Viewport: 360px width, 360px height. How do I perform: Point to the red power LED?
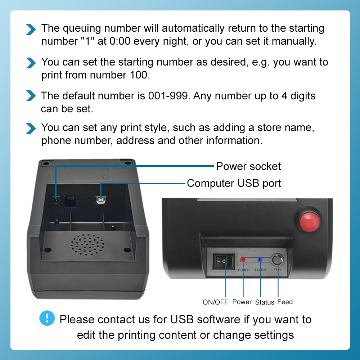click(x=243, y=259)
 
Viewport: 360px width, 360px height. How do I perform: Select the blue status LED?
click(x=260, y=259)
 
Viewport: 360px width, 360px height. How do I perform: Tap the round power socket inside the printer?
click(x=56, y=200)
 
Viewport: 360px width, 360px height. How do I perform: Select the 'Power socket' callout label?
click(x=248, y=166)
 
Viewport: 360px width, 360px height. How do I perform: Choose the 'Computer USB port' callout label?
click(x=234, y=183)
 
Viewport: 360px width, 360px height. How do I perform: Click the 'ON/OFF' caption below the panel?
click(x=215, y=302)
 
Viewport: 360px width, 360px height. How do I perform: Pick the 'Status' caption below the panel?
click(x=265, y=302)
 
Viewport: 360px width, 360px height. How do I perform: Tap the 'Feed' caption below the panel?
click(x=285, y=302)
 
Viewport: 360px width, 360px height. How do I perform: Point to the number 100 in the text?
click(x=138, y=75)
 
